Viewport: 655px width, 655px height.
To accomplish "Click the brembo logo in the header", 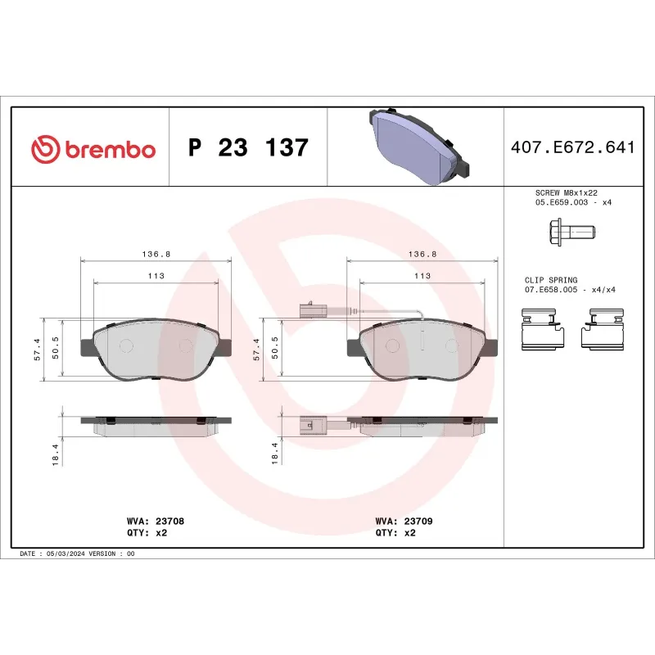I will (x=93, y=149).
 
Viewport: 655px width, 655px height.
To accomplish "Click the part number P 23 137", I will (x=248, y=148).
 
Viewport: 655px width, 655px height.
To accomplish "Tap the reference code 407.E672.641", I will (x=572, y=148).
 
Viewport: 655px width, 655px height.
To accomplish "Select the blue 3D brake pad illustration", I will (x=415, y=145).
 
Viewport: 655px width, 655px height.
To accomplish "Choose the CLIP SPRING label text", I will (x=551, y=280).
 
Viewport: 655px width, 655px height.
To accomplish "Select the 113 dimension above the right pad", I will (x=422, y=276).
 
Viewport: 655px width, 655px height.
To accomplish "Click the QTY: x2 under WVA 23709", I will (x=396, y=532).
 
